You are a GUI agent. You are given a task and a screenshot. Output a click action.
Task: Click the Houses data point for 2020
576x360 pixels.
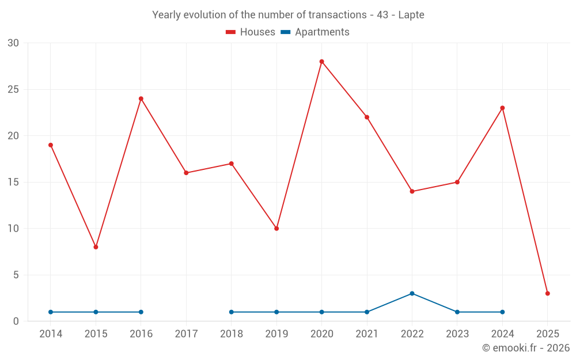click(321, 62)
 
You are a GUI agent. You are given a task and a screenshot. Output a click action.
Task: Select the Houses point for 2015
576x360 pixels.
click(96, 247)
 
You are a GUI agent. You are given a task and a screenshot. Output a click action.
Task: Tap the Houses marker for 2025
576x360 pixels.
click(547, 293)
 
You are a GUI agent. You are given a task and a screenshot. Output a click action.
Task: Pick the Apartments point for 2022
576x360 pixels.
click(412, 293)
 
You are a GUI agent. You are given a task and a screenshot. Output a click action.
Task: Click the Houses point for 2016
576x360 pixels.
click(141, 98)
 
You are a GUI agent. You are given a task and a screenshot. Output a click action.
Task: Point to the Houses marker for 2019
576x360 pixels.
click(276, 229)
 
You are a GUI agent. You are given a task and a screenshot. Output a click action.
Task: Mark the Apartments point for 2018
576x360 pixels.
click(232, 312)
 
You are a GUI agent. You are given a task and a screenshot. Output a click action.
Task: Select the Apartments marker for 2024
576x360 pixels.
click(502, 312)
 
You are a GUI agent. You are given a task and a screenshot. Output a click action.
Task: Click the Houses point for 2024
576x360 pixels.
click(502, 108)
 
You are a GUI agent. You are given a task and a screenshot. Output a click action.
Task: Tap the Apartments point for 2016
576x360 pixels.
click(141, 312)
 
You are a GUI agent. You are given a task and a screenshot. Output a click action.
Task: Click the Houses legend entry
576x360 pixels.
click(251, 32)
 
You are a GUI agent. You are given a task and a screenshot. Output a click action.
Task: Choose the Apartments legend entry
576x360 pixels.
click(315, 32)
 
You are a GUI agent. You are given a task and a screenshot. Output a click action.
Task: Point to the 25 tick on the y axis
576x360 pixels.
click(13, 89)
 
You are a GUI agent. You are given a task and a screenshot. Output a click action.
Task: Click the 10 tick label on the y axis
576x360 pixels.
click(13, 229)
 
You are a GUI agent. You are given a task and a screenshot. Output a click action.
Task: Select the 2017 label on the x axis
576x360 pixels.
click(186, 334)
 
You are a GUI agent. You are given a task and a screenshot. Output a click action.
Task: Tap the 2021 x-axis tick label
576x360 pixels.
click(367, 334)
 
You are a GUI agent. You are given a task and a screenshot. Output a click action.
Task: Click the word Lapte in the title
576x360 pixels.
click(411, 15)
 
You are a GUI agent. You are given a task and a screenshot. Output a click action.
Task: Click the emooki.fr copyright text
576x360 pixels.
click(525, 348)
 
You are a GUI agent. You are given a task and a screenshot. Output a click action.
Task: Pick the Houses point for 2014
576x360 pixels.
click(51, 145)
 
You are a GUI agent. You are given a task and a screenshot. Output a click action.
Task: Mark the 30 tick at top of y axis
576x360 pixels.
click(13, 43)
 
